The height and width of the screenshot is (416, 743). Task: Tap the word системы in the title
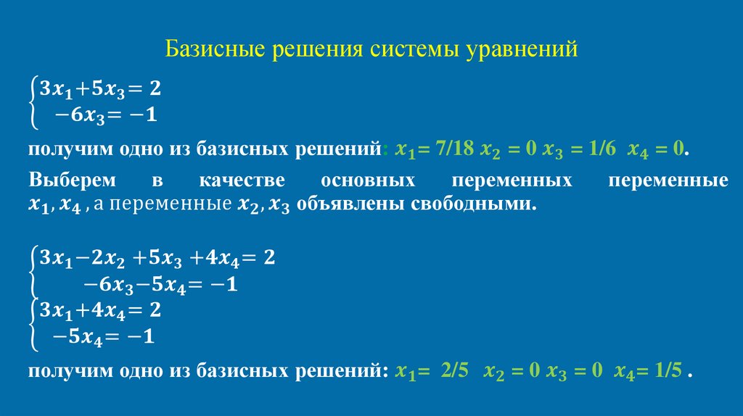point(414,51)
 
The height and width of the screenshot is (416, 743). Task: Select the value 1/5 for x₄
point(667,372)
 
